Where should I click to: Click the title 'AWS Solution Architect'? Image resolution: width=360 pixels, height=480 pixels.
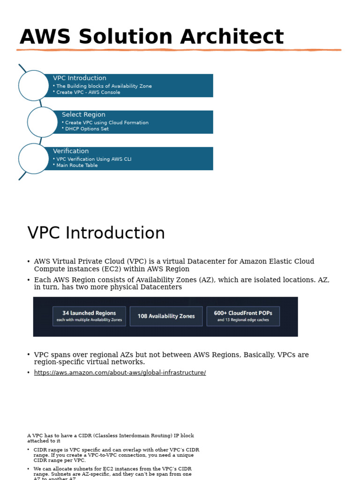click(151, 37)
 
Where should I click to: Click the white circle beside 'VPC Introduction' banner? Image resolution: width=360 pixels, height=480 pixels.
click(34, 85)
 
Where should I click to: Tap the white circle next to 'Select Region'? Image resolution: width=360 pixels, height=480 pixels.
click(43, 122)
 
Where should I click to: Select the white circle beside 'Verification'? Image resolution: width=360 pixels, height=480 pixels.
click(34, 158)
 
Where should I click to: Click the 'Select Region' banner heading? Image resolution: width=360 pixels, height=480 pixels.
click(83, 114)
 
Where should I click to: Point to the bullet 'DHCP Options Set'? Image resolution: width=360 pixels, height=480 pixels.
click(87, 129)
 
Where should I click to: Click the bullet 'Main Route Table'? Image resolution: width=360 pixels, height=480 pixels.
click(77, 165)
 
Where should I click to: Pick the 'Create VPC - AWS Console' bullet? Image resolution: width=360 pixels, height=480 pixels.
click(88, 92)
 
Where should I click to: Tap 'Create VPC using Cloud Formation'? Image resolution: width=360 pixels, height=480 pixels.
click(107, 123)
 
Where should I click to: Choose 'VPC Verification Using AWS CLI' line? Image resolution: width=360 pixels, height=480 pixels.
click(94, 159)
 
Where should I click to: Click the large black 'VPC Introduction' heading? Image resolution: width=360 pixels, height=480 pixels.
click(96, 233)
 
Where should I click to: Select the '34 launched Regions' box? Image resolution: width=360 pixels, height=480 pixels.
click(89, 316)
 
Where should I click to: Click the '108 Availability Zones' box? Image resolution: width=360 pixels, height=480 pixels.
click(166, 316)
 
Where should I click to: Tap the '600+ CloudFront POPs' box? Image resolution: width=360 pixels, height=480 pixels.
click(243, 316)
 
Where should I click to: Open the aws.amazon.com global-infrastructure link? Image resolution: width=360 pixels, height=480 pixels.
click(120, 373)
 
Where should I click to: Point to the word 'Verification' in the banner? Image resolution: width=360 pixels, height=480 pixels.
click(71, 151)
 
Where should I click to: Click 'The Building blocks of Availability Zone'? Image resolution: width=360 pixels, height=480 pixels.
click(104, 86)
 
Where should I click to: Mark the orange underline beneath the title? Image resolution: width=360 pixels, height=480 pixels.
click(179, 50)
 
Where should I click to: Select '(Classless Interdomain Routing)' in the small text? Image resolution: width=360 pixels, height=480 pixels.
click(124, 435)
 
